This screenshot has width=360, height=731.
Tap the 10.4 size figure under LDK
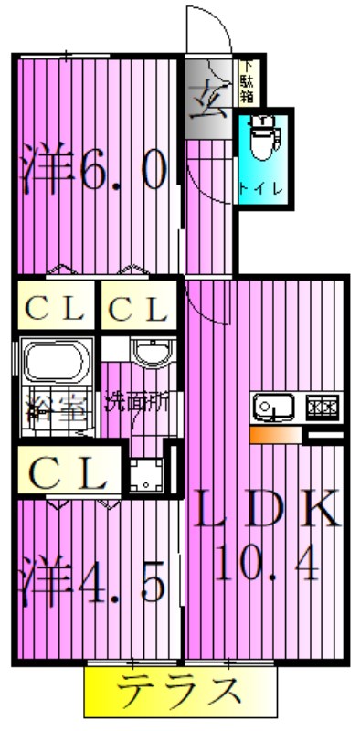[x=268, y=563]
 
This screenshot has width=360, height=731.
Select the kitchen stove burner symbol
[x=322, y=405]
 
